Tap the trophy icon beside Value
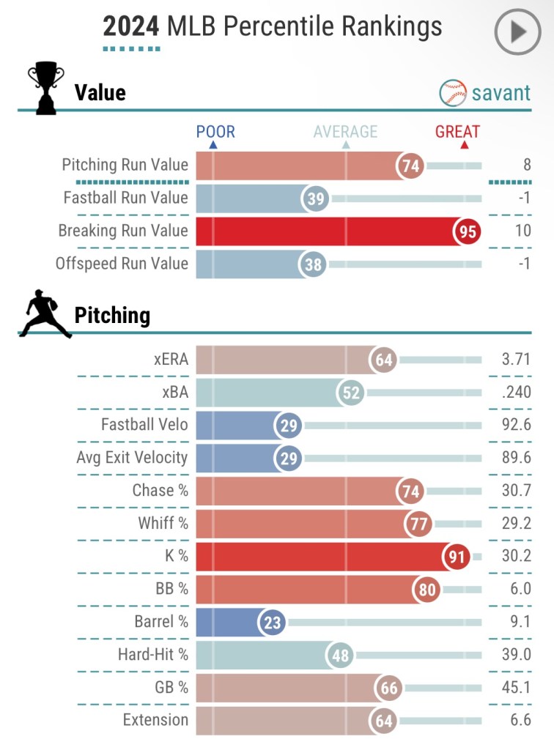(x=45, y=89)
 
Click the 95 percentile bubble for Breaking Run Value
(x=468, y=231)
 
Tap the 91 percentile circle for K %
(x=454, y=557)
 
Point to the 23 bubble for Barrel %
(x=271, y=623)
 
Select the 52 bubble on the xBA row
(x=351, y=393)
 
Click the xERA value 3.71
(x=517, y=360)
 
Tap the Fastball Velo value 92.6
(x=517, y=426)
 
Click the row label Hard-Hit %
(x=152, y=655)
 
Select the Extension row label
(x=156, y=720)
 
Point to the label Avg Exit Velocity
(x=132, y=458)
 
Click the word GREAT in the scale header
(x=457, y=132)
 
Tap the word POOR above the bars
(x=215, y=132)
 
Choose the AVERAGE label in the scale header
(x=345, y=132)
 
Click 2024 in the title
(x=131, y=27)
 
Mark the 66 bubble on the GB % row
(x=388, y=688)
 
